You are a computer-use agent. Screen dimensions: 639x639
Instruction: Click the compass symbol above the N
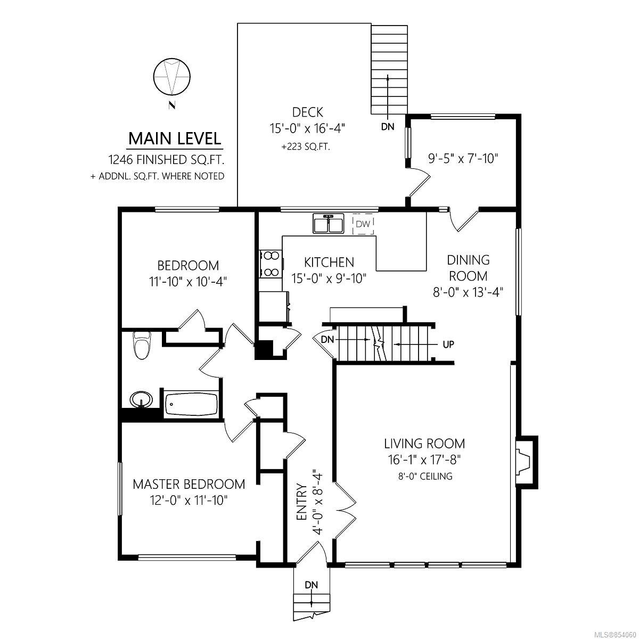coord(172,77)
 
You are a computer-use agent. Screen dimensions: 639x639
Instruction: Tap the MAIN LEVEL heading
coord(175,138)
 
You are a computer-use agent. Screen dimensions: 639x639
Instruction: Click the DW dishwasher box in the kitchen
coord(363,224)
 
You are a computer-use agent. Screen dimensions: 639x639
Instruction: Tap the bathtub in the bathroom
coord(191,404)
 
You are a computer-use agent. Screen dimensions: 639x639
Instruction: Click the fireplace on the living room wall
coord(526,462)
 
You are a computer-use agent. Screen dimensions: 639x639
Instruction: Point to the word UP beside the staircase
coord(448,345)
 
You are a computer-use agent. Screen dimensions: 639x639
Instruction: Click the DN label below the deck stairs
coord(388,126)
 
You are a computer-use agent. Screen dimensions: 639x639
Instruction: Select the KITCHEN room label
coord(329,263)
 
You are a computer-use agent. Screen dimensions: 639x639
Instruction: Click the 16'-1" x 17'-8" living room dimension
coord(424,460)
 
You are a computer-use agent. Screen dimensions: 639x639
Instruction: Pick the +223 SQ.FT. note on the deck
coord(306,146)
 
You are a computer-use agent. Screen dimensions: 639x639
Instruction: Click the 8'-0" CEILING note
coord(425,476)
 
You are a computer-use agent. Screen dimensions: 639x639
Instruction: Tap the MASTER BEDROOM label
coord(189,484)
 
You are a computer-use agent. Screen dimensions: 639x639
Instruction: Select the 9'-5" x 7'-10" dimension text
coord(463,159)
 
